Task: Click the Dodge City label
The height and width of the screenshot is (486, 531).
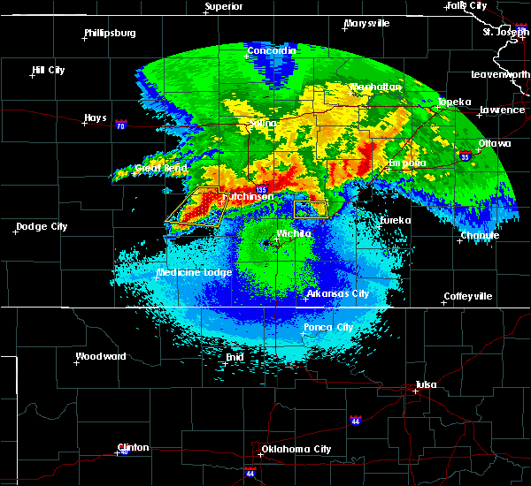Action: [42, 227]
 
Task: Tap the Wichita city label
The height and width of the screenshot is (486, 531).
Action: [294, 233]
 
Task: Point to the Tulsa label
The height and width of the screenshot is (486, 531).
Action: [428, 384]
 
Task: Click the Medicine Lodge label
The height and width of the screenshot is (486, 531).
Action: [194, 272]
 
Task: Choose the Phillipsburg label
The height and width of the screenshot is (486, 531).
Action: [110, 33]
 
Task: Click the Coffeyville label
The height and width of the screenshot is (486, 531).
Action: [467, 296]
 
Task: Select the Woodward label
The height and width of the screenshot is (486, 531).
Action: [100, 356]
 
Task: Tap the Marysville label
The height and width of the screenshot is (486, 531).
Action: [367, 23]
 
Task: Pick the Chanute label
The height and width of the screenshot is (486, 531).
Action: [480, 235]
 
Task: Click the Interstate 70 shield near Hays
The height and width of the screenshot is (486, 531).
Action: [121, 125]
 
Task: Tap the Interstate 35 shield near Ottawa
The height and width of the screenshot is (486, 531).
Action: [464, 156]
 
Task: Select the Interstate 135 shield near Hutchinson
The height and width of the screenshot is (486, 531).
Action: [261, 189]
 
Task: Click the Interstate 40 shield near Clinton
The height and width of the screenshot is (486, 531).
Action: [123, 452]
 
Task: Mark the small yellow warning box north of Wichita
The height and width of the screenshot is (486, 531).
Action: [311, 209]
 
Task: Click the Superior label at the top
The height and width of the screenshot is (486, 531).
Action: [223, 7]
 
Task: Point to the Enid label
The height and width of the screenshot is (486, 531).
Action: [234, 356]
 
